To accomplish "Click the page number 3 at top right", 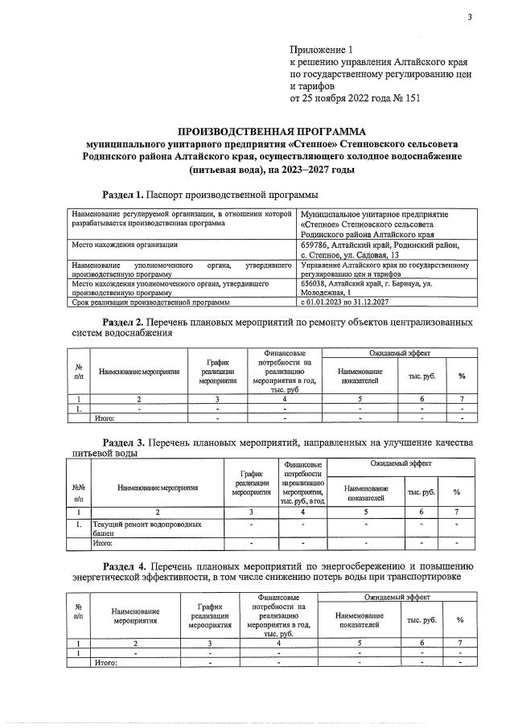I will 468,18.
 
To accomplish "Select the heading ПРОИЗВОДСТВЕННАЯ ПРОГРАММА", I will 271,131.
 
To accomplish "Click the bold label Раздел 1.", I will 123,195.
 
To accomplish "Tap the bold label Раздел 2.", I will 123,322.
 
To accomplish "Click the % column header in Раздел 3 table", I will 456,492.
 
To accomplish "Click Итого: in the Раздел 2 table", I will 105,418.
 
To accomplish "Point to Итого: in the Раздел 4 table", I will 106,663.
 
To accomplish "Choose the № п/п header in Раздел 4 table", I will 77,613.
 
